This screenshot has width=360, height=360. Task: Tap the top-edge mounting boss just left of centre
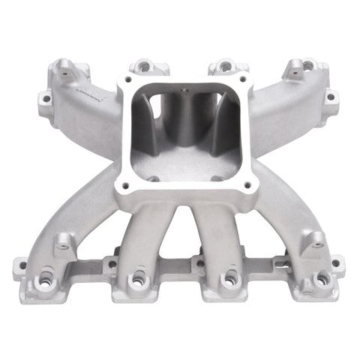(x=140, y=67)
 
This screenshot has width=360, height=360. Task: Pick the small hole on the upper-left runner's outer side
(x=46, y=98)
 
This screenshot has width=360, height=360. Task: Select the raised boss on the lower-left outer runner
(x=63, y=241)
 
